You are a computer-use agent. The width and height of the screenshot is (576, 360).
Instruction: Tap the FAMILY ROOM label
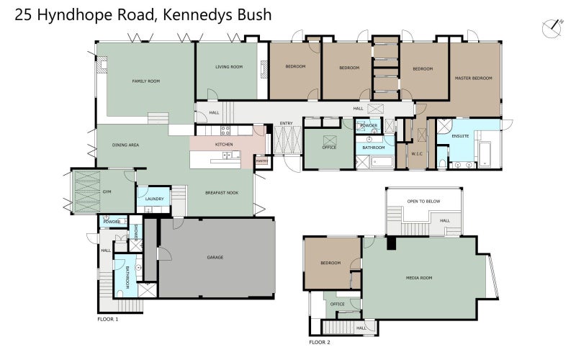pyautogui.click(x=145, y=81)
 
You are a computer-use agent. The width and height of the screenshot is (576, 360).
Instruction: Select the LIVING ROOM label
pyautogui.click(x=228, y=67)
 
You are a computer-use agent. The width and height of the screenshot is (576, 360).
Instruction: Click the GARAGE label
pyautogui.click(x=215, y=257)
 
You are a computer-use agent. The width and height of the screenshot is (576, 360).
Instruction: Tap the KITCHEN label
pyautogui.click(x=225, y=145)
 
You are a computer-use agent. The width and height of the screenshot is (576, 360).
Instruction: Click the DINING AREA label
pyautogui.click(x=125, y=145)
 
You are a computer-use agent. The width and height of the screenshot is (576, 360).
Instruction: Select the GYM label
pyautogui.click(x=107, y=192)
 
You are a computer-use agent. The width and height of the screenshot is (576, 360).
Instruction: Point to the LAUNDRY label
pyautogui.click(x=154, y=199)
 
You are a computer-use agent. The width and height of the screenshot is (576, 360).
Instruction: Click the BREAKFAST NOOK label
pyautogui.click(x=221, y=192)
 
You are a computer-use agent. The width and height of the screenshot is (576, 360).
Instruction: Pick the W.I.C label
pyautogui.click(x=416, y=153)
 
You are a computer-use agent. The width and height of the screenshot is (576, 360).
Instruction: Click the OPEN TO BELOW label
pyautogui.click(x=423, y=201)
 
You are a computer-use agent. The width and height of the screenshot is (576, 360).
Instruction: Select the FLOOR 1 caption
pyautogui.click(x=107, y=318)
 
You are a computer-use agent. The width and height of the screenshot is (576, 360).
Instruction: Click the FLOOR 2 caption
pyautogui.click(x=319, y=342)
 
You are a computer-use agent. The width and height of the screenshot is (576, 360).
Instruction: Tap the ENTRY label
pyautogui.click(x=286, y=123)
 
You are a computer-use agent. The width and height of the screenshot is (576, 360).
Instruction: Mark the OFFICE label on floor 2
pyautogui.click(x=337, y=304)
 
